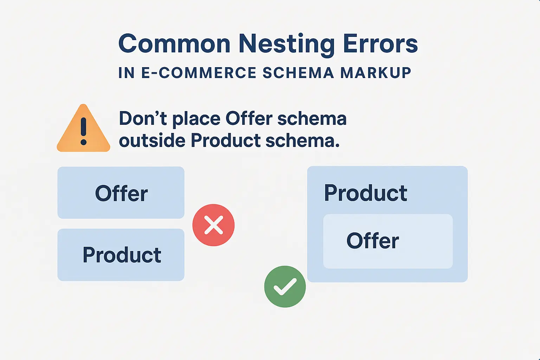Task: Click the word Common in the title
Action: click(x=174, y=44)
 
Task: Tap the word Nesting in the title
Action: click(x=287, y=45)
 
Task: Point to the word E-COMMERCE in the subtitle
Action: click(x=199, y=73)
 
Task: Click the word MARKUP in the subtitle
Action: click(x=375, y=73)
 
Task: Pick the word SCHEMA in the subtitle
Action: click(x=298, y=73)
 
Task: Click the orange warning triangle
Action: click(x=83, y=128)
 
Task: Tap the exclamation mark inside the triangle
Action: click(x=83, y=131)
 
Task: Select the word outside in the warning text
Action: click(x=152, y=141)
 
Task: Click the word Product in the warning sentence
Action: click(x=226, y=141)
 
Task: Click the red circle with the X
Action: click(x=213, y=225)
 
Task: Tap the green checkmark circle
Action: click(x=285, y=287)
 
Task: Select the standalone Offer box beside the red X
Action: click(x=121, y=193)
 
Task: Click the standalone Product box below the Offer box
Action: click(x=121, y=255)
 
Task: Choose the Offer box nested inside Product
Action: click(x=388, y=242)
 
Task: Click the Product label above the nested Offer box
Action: click(x=366, y=193)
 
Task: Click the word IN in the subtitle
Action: click(x=127, y=73)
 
